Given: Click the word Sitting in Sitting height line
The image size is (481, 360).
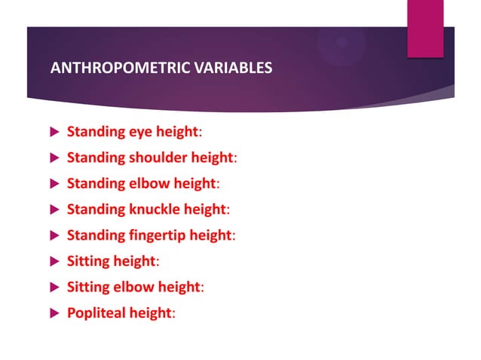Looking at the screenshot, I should (89, 261).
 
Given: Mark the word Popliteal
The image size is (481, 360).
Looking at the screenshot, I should (97, 313).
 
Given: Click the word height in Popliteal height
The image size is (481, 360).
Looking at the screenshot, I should (151, 313).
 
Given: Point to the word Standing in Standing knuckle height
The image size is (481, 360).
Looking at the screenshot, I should (95, 209).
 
